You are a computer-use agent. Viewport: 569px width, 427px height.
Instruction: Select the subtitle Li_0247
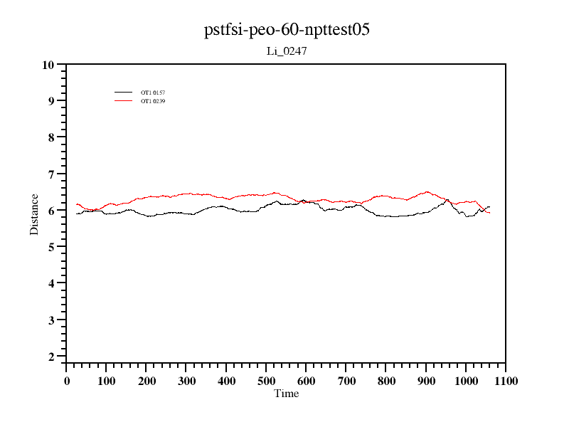click(x=287, y=51)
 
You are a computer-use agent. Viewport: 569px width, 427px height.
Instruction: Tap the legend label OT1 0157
click(x=153, y=93)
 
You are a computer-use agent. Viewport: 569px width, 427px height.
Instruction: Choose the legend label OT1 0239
click(x=153, y=101)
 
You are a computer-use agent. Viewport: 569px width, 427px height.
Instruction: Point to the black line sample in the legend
click(x=124, y=93)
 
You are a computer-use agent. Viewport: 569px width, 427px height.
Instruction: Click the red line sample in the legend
click(x=124, y=101)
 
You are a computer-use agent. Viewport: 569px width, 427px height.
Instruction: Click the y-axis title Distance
click(x=34, y=213)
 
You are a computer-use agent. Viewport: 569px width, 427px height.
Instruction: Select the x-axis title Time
click(x=287, y=394)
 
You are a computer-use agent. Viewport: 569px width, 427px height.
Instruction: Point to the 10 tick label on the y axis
click(x=48, y=65)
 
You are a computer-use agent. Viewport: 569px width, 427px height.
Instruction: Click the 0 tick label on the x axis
click(x=67, y=381)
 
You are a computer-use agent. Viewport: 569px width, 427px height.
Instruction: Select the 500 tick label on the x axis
click(x=267, y=381)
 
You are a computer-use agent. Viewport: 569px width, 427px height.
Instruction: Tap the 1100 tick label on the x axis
click(x=506, y=381)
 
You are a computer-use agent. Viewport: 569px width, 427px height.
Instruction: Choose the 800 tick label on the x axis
click(x=386, y=381)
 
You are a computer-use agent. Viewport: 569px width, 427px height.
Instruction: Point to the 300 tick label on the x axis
click(x=186, y=381)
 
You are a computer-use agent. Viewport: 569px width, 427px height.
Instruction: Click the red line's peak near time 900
click(x=427, y=191)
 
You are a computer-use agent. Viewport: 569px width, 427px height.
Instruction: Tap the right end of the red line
click(x=489, y=213)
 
